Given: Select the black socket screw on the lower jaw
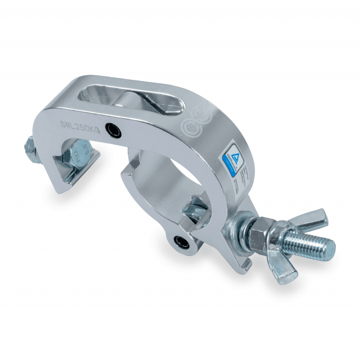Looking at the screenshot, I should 181,242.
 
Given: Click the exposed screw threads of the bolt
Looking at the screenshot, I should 307,244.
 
